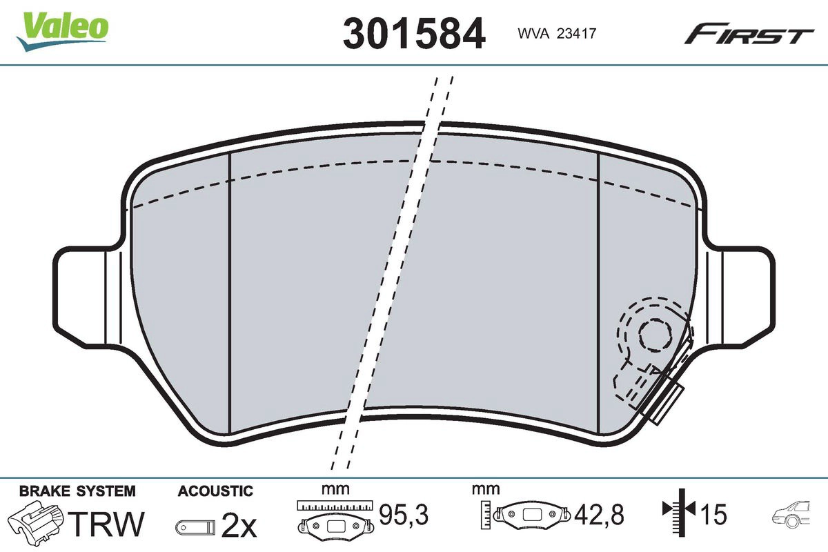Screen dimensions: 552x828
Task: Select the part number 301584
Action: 414,32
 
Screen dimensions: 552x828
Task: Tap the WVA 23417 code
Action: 551,32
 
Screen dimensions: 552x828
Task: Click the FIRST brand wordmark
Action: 749,34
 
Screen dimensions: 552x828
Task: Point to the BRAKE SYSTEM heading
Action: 77,491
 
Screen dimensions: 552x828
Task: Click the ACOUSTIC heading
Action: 215,491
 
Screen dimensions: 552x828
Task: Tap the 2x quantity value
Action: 239,527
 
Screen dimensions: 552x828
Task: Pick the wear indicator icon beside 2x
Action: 195,528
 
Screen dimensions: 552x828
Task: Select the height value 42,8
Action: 599,515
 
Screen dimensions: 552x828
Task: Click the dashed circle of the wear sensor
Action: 651,335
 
